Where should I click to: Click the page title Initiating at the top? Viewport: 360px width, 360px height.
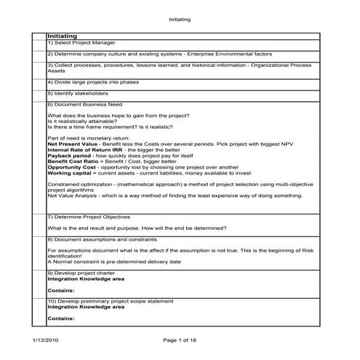[x=180, y=20]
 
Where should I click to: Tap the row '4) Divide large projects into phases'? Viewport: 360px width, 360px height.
[x=88, y=83]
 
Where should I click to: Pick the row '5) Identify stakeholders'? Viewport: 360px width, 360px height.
[x=77, y=93]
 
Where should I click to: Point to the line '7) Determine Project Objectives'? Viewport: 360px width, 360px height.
[x=87, y=217]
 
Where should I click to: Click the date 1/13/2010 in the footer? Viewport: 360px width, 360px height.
[x=47, y=340]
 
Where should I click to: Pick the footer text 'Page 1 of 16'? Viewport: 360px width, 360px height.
[x=180, y=340]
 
